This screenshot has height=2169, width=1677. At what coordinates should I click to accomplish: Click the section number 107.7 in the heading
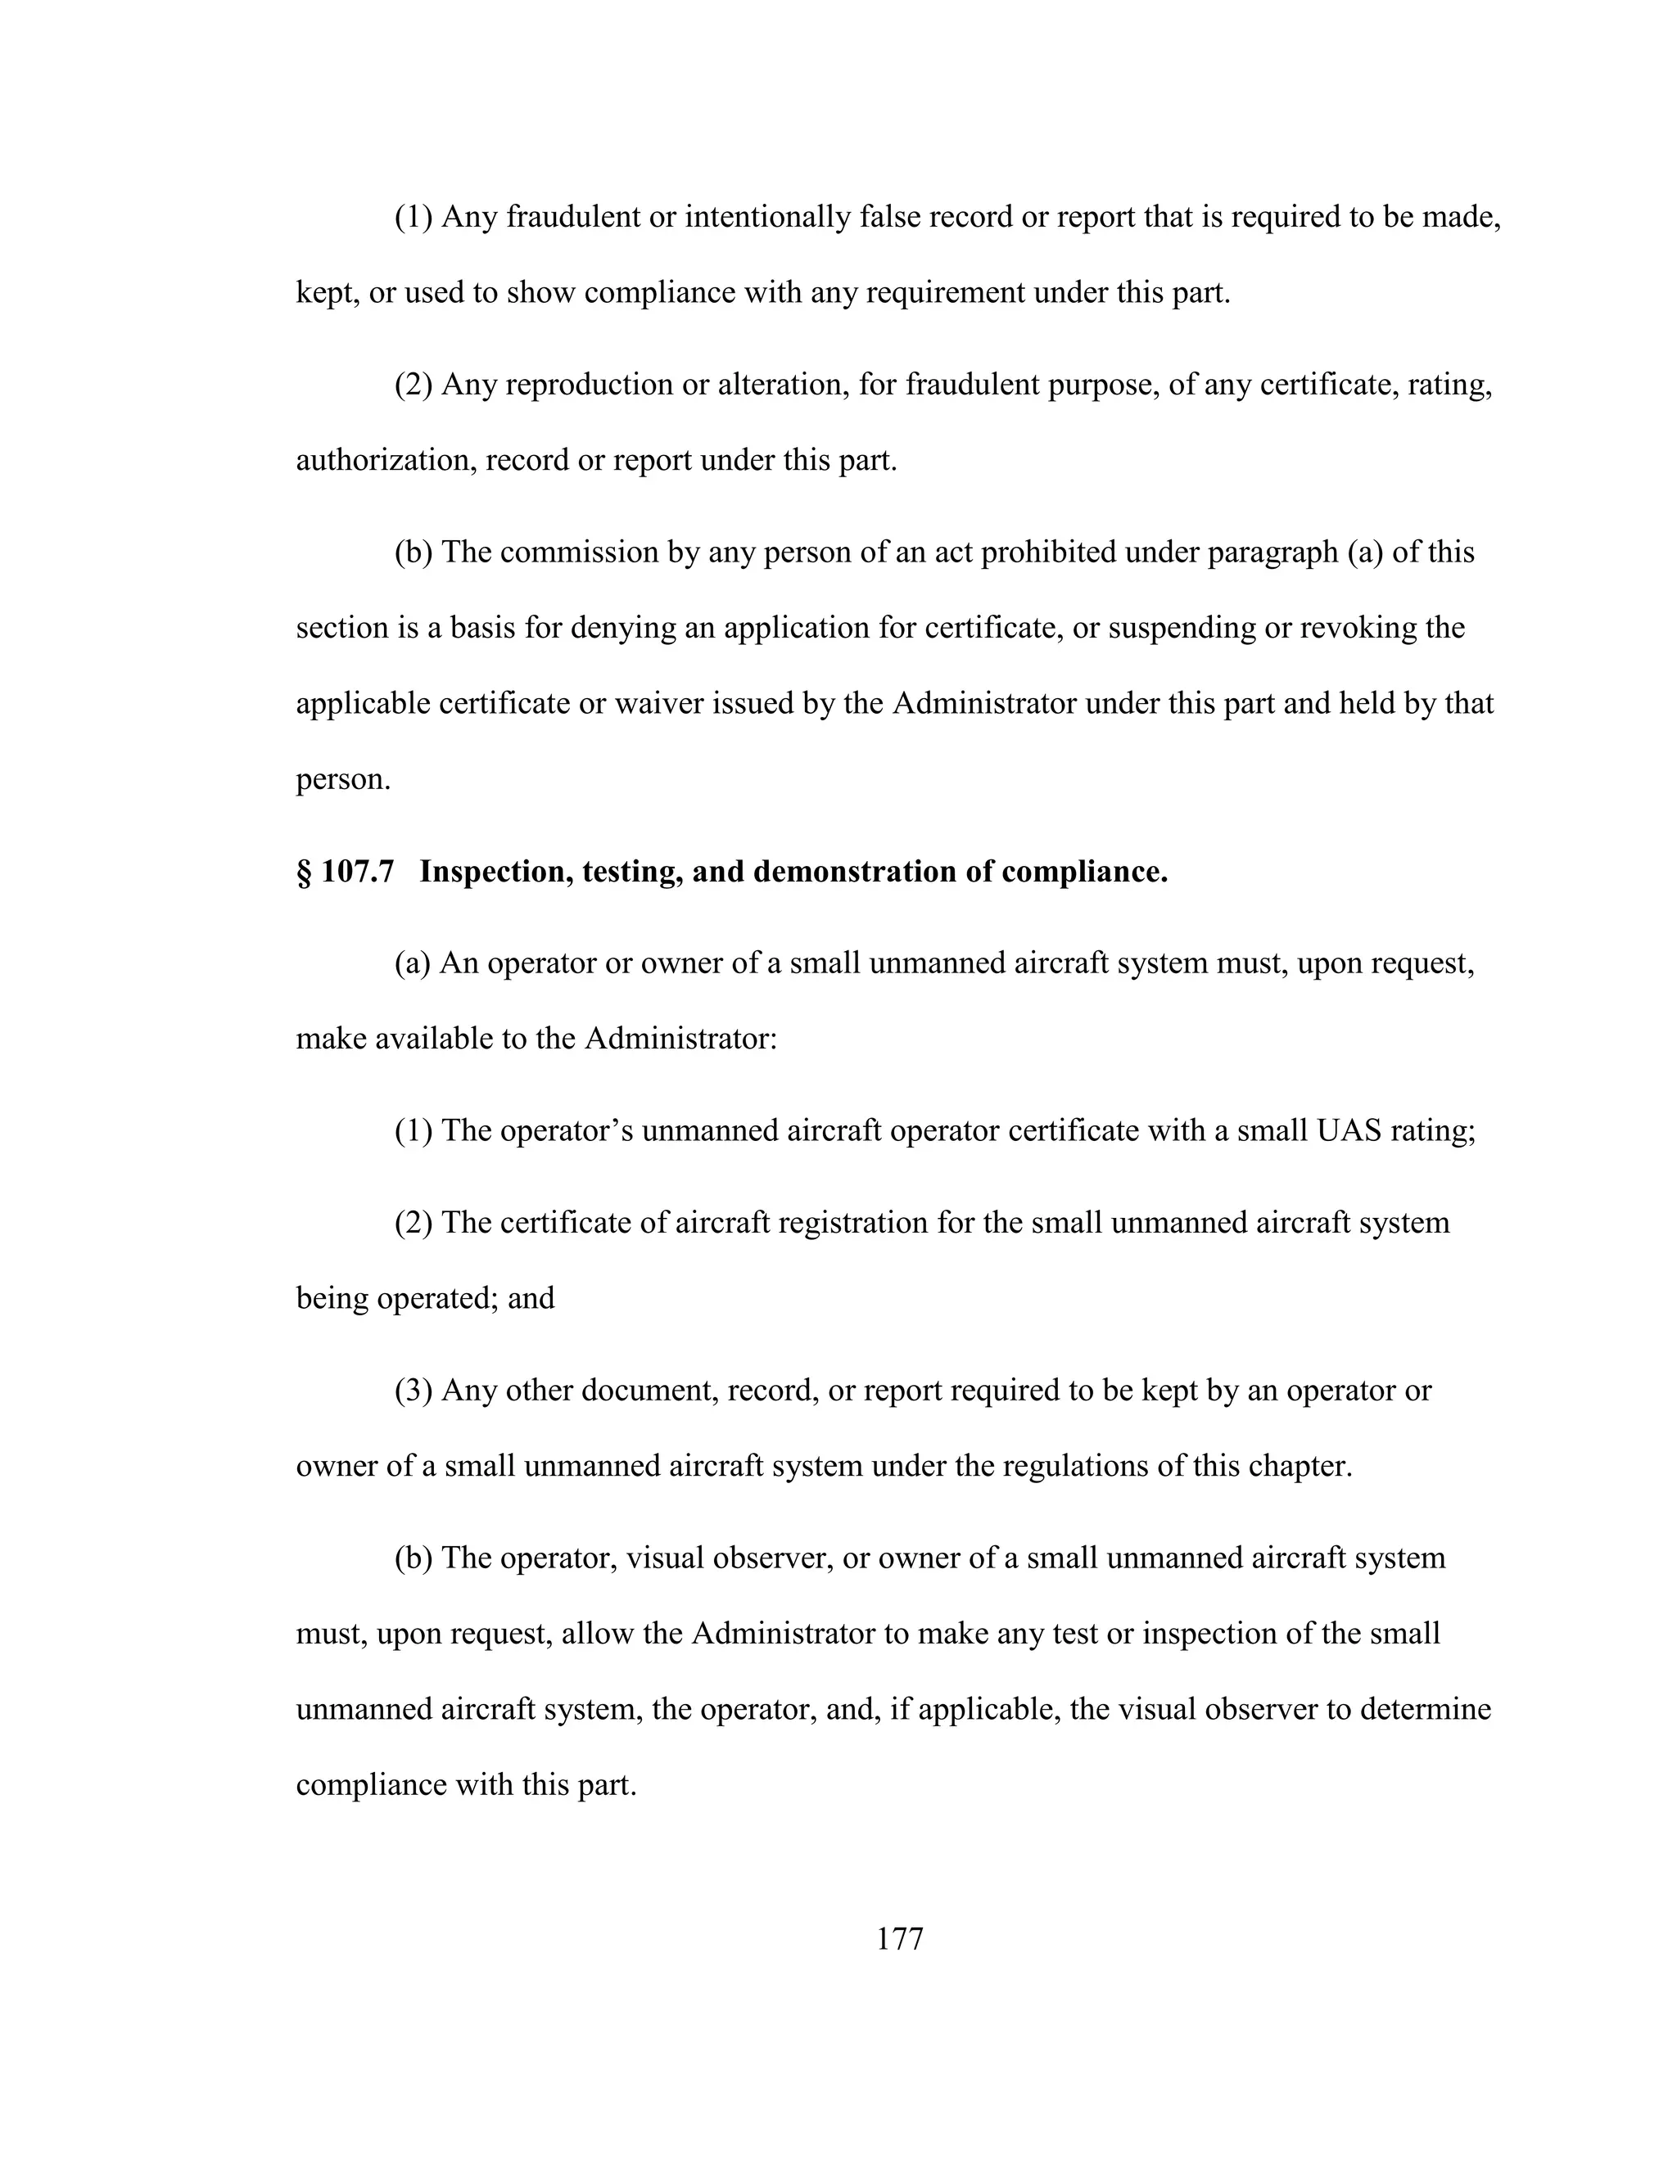[x=358, y=872]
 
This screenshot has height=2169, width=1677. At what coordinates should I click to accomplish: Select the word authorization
[x=386, y=461]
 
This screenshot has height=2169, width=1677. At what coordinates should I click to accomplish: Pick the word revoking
[x=1357, y=629]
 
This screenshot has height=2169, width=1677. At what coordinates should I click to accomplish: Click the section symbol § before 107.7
[x=303, y=872]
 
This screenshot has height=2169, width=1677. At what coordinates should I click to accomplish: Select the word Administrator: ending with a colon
[x=680, y=1039]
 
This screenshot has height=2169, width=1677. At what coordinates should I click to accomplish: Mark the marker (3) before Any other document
[x=414, y=1391]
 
